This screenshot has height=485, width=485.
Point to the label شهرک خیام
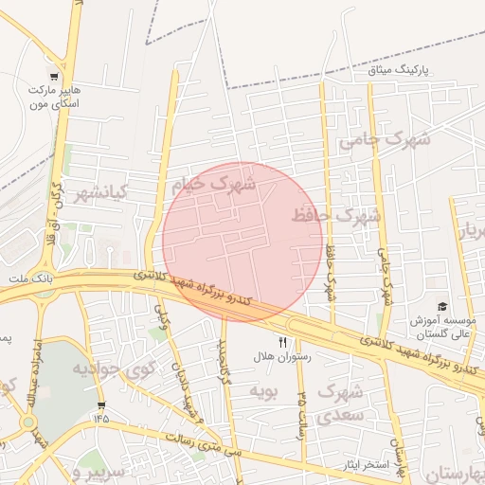point(213,183)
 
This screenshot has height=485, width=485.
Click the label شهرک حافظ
point(336,215)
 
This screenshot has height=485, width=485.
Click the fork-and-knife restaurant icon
point(281,342)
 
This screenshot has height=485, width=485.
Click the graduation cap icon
point(441,307)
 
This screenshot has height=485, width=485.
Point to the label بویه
point(263,389)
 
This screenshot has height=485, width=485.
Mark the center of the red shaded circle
point(242,242)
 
